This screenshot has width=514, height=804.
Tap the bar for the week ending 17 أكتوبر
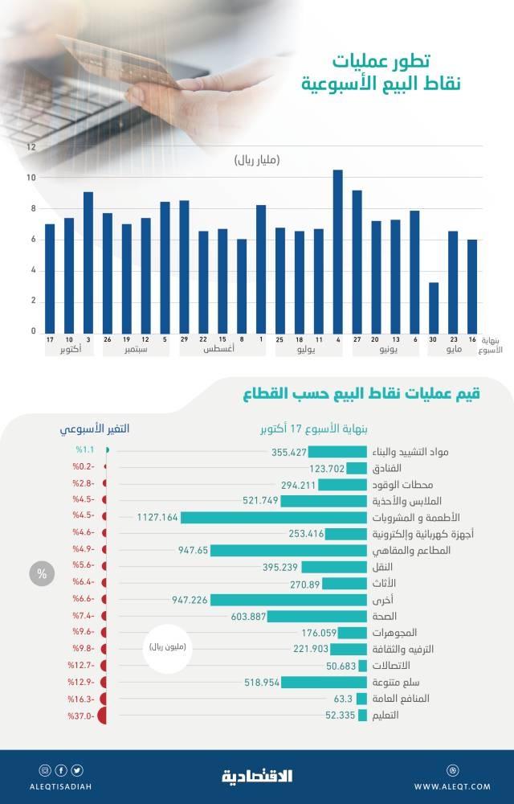(x=50, y=278)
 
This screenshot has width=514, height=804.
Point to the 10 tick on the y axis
(x=31, y=178)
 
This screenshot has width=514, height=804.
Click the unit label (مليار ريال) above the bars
(x=257, y=161)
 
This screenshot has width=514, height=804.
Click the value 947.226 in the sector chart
(x=190, y=600)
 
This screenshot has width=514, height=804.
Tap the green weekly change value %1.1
(x=85, y=452)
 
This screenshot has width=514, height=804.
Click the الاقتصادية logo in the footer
(x=257, y=776)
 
